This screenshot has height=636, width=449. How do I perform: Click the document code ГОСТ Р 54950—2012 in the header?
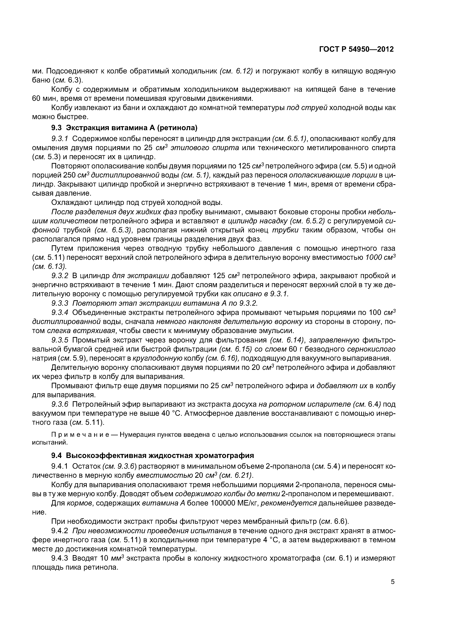(x=356, y=49)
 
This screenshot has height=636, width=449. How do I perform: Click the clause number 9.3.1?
(x=60, y=139)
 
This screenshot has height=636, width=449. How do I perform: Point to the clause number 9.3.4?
(x=60, y=312)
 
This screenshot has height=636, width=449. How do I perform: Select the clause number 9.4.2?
(x=60, y=531)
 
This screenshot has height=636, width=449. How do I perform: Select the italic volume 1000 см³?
(x=380, y=258)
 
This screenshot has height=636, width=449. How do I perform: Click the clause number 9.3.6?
(x=60, y=404)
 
